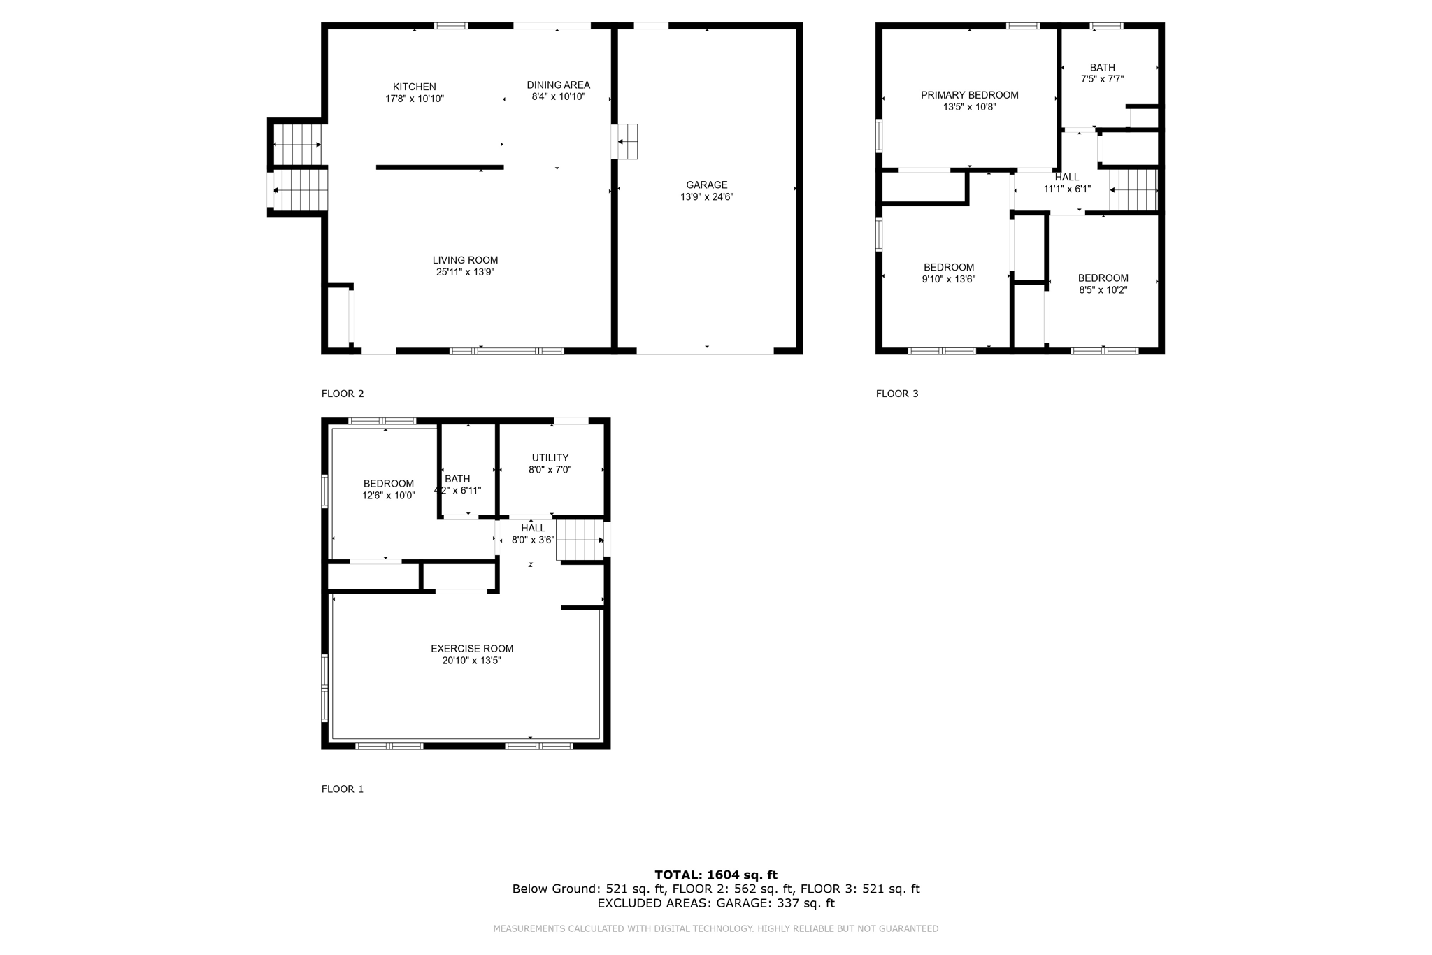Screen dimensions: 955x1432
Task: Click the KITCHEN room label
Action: (x=414, y=87)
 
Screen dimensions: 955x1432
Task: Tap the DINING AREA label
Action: (x=558, y=85)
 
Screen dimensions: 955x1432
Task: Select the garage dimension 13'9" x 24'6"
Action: (x=707, y=197)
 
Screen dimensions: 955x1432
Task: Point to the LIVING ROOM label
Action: (x=465, y=260)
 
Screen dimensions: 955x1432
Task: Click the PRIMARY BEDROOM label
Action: (x=969, y=95)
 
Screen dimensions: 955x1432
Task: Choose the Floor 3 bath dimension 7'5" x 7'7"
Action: (x=1102, y=80)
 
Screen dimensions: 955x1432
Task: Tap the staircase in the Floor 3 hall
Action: (x=1133, y=189)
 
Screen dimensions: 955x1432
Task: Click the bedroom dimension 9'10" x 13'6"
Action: (x=948, y=279)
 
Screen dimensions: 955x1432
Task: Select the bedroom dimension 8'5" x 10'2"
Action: (x=1103, y=290)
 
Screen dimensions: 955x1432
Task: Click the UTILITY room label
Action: (x=550, y=458)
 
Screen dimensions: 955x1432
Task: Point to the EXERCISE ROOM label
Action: (x=472, y=649)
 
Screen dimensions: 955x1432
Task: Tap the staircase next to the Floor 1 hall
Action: (x=580, y=540)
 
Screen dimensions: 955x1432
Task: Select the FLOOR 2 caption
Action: (x=343, y=394)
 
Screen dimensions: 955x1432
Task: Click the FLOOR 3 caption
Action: (x=897, y=394)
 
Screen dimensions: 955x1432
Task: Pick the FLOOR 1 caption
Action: (x=343, y=789)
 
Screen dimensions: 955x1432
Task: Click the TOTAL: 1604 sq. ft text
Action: (x=716, y=875)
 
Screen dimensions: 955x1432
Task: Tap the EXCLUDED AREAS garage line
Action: (x=716, y=903)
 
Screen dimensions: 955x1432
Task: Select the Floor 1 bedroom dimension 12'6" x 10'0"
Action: (x=389, y=496)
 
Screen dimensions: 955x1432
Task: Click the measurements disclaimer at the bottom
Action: (x=716, y=928)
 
